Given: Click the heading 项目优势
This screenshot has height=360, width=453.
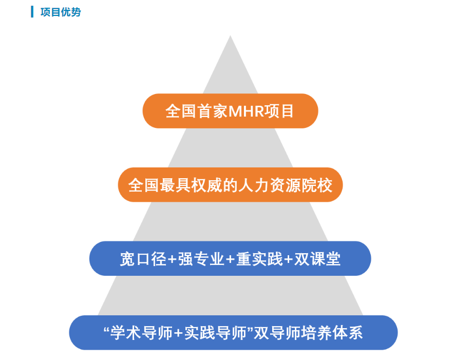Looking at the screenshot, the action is [61, 12].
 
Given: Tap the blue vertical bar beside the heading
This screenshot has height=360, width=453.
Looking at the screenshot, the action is [32, 12].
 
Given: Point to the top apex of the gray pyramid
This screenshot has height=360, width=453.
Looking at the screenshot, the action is [230, 36].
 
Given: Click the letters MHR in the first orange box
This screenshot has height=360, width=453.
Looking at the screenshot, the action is [245, 111].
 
